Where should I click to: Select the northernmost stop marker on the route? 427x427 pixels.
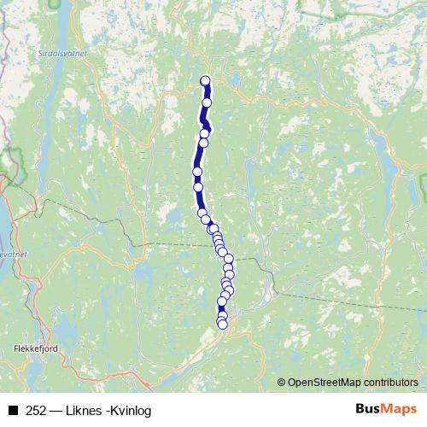[205, 81]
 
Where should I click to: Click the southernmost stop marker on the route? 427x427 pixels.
[223, 324]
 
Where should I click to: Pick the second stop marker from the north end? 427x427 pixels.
[207, 102]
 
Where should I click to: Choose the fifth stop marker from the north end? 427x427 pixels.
[197, 172]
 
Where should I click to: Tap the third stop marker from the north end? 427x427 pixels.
[205, 133]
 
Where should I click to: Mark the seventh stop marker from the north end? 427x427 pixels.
[202, 213]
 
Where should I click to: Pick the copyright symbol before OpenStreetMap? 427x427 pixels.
[282, 383]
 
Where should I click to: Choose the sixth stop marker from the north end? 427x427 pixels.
[198, 186]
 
